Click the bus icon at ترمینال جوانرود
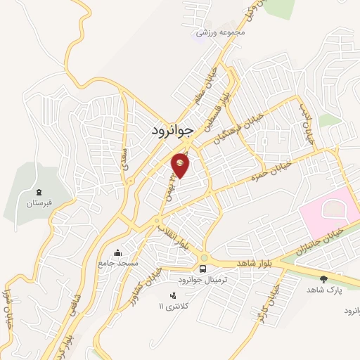click(203, 269)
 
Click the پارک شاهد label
click(323, 290)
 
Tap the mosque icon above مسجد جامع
click(117, 253)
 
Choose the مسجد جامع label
click(117, 263)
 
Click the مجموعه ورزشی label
click(221, 32)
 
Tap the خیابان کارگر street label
click(275, 300)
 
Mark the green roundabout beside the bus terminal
click(203, 257)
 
